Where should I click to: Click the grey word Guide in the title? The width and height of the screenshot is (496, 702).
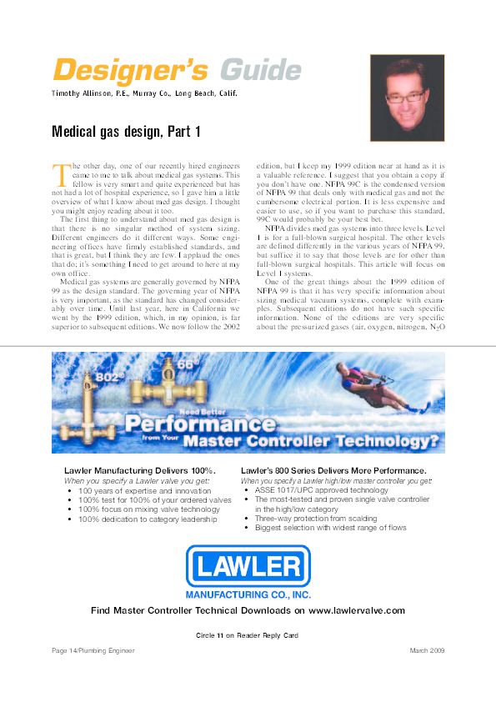[261, 69]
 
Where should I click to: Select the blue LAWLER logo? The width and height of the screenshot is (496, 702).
[248, 568]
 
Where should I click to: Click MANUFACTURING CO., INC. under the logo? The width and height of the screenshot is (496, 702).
[248, 595]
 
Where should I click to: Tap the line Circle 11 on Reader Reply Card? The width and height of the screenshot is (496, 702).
[247, 635]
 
